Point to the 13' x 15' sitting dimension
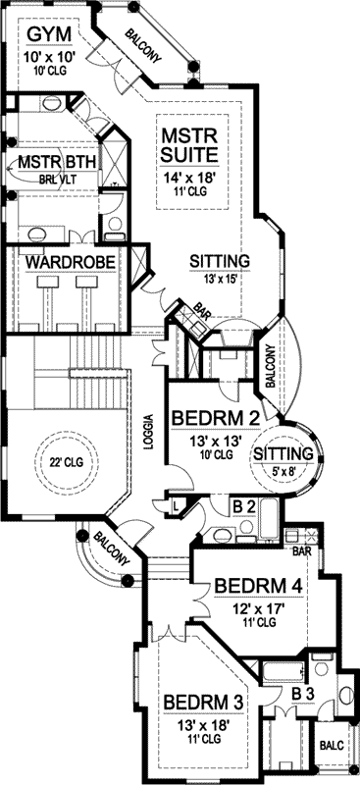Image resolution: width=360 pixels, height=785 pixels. pos(218,280)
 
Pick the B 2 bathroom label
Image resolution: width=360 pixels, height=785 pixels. pos(244,508)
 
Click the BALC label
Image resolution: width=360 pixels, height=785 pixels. pos(332,745)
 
